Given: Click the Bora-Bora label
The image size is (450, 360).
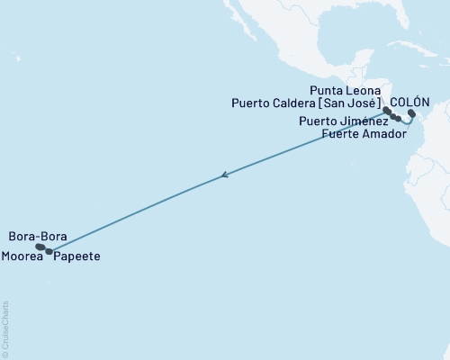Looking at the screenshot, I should (x=37, y=237).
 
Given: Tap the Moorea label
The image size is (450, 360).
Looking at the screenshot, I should (x=25, y=256).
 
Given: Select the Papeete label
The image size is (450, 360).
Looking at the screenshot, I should (x=76, y=256).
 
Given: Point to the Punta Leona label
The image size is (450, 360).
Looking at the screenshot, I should (x=346, y=90).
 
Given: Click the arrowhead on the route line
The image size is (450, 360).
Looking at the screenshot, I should (x=224, y=176).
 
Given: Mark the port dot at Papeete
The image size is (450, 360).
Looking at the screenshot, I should (x=49, y=251).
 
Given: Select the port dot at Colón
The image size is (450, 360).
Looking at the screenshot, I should (x=411, y=113).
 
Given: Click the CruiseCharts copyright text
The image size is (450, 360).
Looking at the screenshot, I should (x=5, y=329).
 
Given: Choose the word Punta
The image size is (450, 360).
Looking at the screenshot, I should (x=327, y=90).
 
